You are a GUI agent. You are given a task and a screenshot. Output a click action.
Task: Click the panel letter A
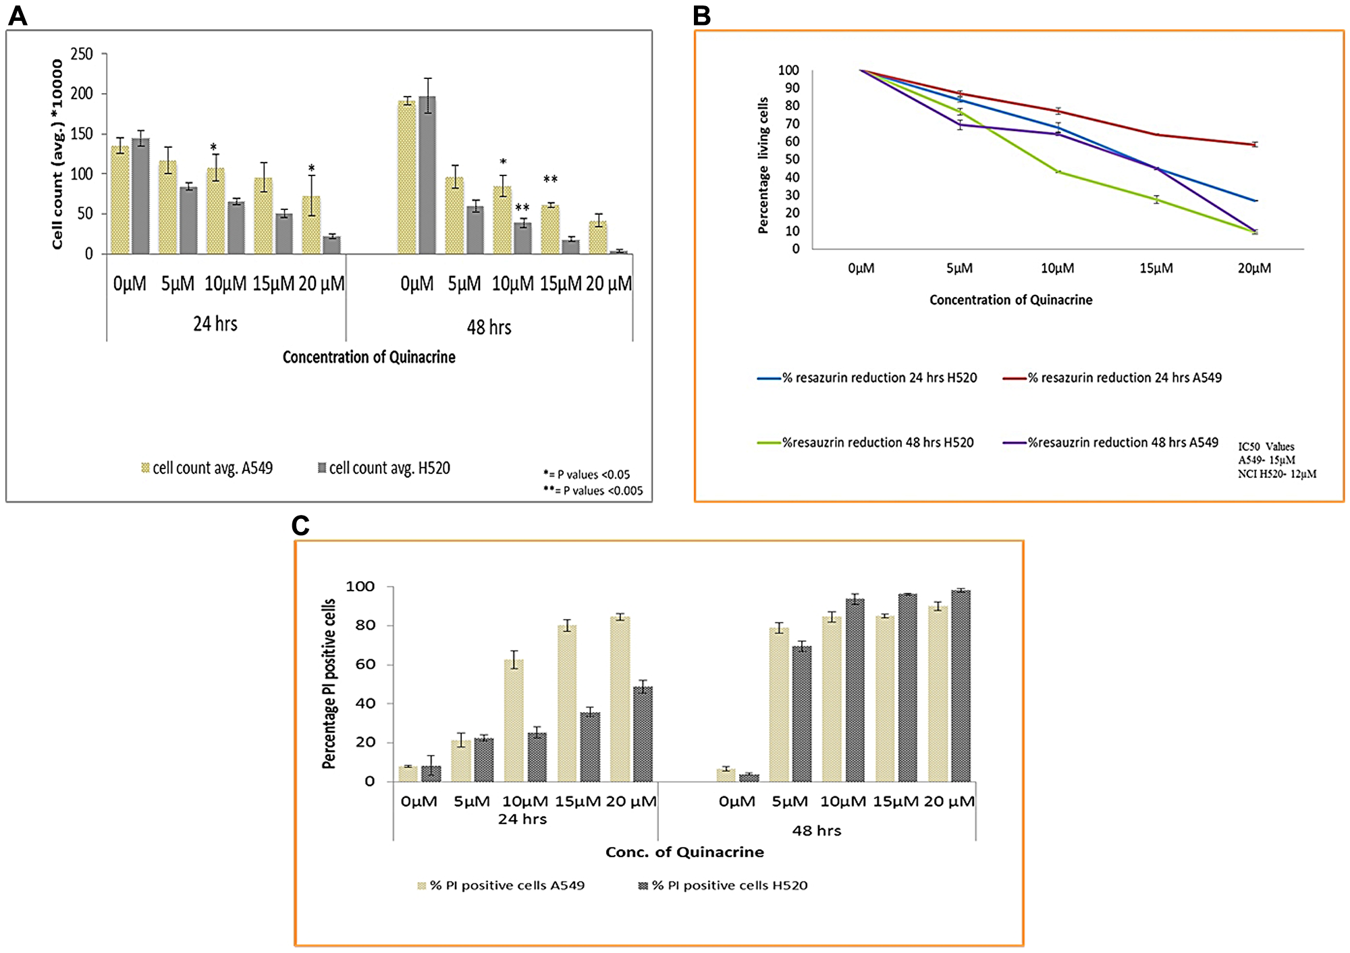tap(18, 15)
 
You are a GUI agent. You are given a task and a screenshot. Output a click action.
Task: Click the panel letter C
tap(300, 526)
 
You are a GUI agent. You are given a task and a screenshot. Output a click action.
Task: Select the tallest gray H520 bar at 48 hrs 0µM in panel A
tap(427, 175)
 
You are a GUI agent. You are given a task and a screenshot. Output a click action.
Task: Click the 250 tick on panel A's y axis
tap(82, 54)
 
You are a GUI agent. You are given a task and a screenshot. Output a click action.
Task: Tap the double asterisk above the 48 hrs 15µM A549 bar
tap(550, 180)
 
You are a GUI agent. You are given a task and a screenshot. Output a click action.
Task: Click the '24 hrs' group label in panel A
tap(215, 324)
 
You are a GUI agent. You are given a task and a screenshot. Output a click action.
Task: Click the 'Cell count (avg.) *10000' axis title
tap(57, 154)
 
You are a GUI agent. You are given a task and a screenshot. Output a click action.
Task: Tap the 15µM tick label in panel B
tap(1156, 268)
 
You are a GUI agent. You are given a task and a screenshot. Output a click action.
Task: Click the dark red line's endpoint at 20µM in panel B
tap(1254, 144)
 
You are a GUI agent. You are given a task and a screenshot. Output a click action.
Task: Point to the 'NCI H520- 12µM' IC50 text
tap(1276, 474)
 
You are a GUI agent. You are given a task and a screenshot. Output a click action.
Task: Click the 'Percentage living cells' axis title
tap(763, 165)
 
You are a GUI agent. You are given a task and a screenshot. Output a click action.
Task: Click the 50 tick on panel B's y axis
tap(791, 160)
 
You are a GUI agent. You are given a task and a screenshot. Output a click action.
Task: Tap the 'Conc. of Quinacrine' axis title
tap(684, 852)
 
